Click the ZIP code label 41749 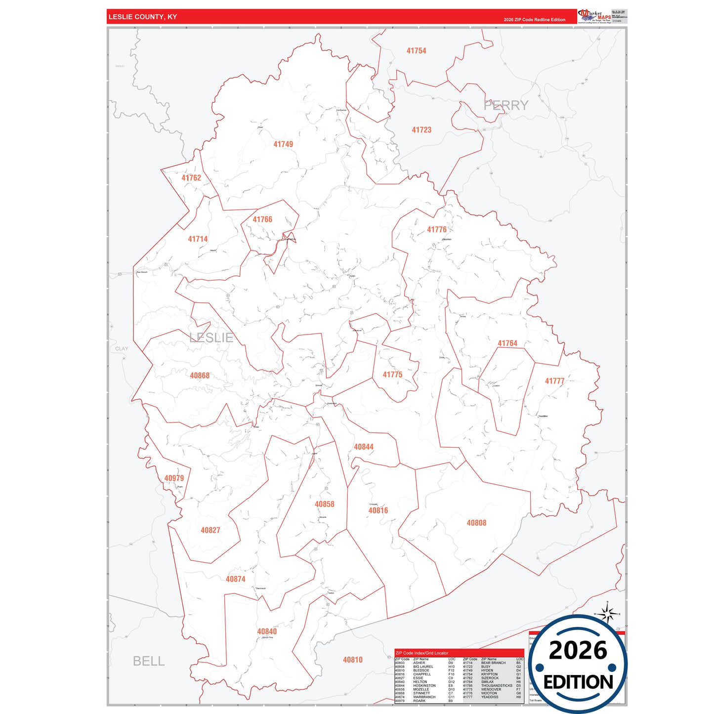point(283,144)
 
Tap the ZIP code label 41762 point(191,178)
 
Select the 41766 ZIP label point(262,219)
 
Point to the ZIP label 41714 point(198,239)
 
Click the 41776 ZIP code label point(437,230)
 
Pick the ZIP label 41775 point(392,375)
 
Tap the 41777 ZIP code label point(554,381)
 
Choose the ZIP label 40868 point(200,376)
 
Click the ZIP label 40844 point(364,447)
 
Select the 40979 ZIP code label point(174,478)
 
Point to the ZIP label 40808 point(476,523)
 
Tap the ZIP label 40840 point(267,631)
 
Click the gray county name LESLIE point(211,338)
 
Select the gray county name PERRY point(505,105)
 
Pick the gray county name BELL point(149,661)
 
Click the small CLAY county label point(122,349)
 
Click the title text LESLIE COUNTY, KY point(143,17)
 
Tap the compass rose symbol point(607,613)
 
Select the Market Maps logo point(594,16)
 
